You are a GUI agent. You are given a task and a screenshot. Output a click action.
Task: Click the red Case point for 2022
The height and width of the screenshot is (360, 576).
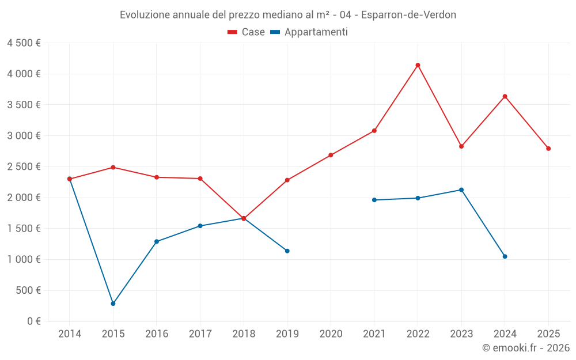click(x=418, y=65)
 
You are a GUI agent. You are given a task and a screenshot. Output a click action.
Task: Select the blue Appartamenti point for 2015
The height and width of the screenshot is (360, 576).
click(x=113, y=304)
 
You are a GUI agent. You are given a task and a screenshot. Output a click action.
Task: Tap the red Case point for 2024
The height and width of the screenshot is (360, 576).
click(x=505, y=96)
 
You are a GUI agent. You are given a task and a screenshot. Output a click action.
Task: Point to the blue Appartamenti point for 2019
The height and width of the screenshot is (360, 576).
click(x=287, y=251)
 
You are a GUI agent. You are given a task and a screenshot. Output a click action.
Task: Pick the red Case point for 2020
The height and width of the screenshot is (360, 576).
click(x=331, y=155)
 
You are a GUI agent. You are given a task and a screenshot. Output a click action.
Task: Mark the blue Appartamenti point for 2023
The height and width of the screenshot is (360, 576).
click(x=461, y=190)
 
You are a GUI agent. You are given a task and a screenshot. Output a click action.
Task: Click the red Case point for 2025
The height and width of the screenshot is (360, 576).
click(x=548, y=149)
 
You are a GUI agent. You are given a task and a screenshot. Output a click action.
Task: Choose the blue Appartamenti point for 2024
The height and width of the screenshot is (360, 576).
click(x=505, y=256)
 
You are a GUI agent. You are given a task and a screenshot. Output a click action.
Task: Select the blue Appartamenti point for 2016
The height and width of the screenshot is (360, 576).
click(x=157, y=241)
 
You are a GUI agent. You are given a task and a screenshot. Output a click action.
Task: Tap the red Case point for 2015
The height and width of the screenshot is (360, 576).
click(x=113, y=167)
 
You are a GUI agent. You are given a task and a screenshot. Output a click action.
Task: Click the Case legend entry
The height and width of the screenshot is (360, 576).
click(x=247, y=32)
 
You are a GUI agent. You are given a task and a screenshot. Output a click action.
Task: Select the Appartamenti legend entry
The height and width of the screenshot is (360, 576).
click(x=309, y=32)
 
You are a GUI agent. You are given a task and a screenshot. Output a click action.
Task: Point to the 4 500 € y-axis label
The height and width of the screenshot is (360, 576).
click(x=24, y=43)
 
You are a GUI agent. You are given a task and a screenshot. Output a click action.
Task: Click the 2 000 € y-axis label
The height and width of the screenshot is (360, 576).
click(x=24, y=198)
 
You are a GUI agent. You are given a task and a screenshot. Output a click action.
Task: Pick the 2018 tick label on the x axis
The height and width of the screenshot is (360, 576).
click(x=244, y=334)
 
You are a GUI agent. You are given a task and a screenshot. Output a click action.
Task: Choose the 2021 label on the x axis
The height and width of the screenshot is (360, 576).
click(x=374, y=334)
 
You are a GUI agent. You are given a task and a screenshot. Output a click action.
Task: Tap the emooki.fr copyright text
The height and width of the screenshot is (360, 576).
click(x=526, y=348)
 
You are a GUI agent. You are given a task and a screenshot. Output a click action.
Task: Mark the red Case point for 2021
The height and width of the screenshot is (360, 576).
click(x=374, y=131)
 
